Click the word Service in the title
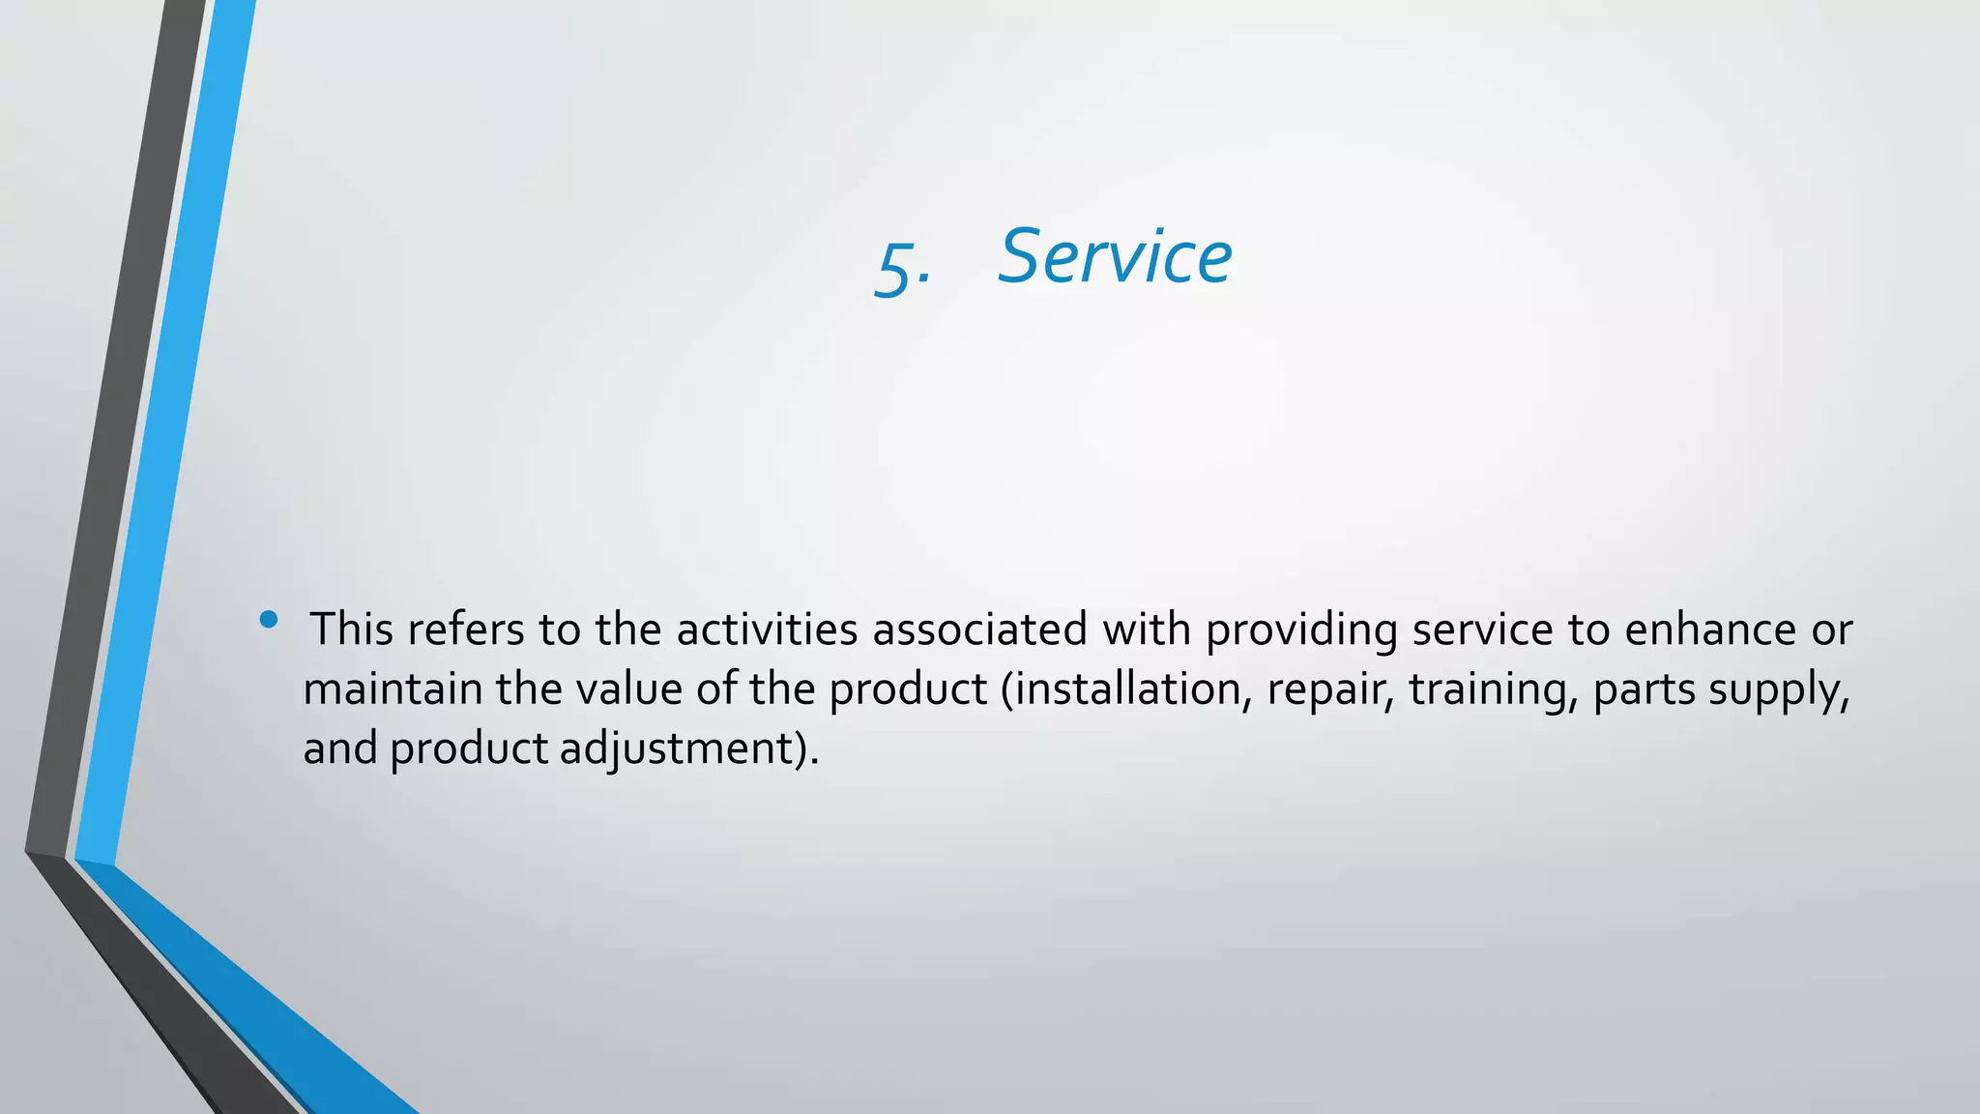[1115, 257]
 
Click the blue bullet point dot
[269, 619]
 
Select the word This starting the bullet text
[351, 630]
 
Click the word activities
[767, 630]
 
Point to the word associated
[979, 630]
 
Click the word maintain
[393, 689]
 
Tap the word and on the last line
[340, 748]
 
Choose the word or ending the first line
[1832, 630]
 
